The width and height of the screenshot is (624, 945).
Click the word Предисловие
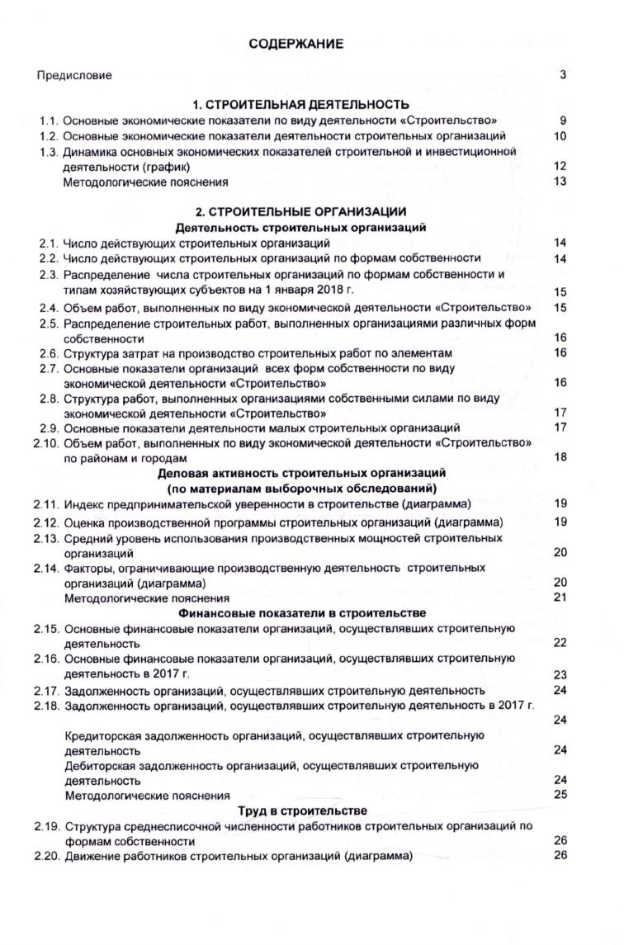coord(74,76)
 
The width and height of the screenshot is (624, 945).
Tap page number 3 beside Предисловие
coord(562,75)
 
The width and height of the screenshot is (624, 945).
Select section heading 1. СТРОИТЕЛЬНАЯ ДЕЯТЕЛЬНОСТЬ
coord(300,105)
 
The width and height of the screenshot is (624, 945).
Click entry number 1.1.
coord(50,120)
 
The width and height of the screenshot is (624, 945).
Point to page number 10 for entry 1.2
coord(560,136)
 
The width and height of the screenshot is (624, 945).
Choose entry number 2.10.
coord(47,443)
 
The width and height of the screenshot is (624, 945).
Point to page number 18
coord(560,458)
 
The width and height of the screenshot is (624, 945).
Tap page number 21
coord(560,598)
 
